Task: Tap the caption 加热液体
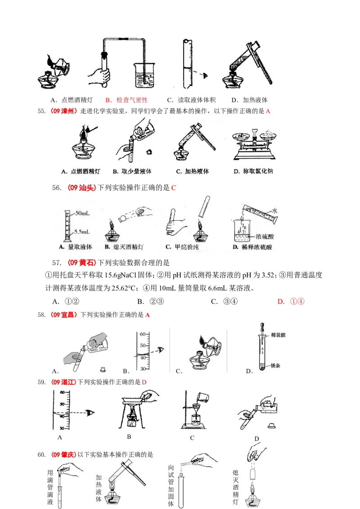pos(194,171)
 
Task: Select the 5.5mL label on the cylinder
pos(83,232)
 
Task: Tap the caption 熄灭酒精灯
pos(123,247)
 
